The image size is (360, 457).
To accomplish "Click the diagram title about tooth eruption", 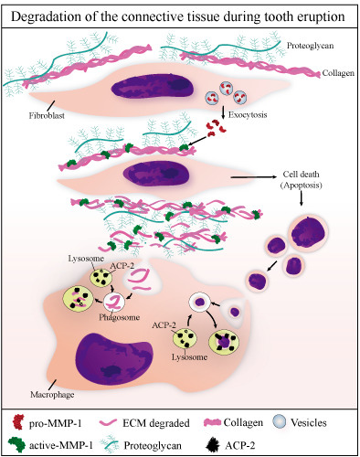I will tap(179, 18).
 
